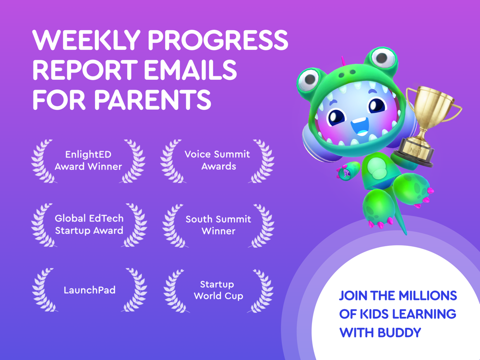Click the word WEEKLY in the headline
point(86,40)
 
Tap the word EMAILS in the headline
point(191,70)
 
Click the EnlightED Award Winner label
point(88,160)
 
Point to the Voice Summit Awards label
point(217,160)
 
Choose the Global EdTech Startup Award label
point(89,224)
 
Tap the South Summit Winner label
point(218,225)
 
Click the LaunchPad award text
point(89,290)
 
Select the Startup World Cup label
point(218,290)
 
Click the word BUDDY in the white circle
point(399,333)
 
